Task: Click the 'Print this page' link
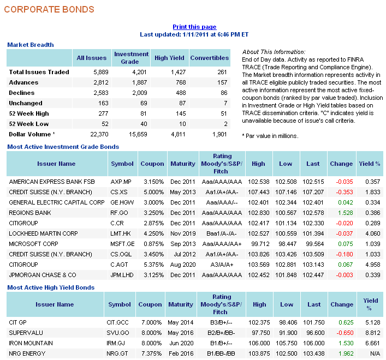tap(194, 27)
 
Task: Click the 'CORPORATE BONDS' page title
tap(49, 9)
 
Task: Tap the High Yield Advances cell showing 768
tap(169, 82)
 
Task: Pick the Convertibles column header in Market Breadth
tap(210, 58)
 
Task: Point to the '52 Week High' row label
tap(29, 113)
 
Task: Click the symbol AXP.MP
tap(121, 181)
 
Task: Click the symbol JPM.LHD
tap(122, 275)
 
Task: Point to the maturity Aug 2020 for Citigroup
tap(182, 265)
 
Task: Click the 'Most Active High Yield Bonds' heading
tap(51, 287)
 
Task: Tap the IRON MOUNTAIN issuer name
tap(31, 343)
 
